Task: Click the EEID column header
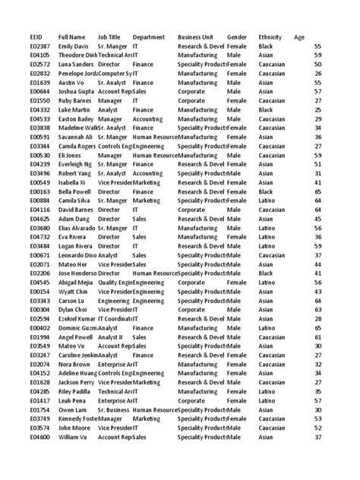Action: pos(36,36)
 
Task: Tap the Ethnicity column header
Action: pos(271,36)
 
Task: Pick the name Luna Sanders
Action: pos(77,65)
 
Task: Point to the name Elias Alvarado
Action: pos(79,228)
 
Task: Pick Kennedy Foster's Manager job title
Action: pos(110,418)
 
